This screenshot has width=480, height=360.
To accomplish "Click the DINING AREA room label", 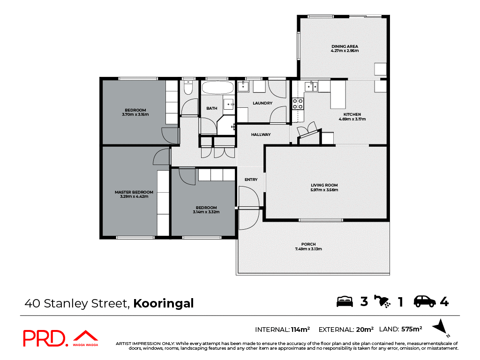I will point(345,46).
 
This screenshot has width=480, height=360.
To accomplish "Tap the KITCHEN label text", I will point(352,114).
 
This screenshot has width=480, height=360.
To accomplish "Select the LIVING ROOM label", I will point(324,185).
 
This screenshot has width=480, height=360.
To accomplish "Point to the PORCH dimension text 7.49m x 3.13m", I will point(308,249).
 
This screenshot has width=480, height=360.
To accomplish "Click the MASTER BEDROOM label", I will point(134,192).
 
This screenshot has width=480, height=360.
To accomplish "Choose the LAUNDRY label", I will point(262,103).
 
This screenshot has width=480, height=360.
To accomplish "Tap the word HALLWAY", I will point(261,135).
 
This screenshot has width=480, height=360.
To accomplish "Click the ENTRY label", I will point(251,180).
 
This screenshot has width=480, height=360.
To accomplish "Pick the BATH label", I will point(211,108).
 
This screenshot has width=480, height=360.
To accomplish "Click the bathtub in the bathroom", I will point(217,88).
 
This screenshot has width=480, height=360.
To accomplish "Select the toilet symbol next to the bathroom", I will point(188,88).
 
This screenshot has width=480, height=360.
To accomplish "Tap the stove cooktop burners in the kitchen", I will point(298,103).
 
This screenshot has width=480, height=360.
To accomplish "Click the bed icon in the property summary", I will point(345,301).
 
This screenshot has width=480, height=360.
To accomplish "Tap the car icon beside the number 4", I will point(424,301).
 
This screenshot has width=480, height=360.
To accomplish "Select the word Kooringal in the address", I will point(164,303).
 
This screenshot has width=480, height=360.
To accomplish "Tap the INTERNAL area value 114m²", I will point(300,330).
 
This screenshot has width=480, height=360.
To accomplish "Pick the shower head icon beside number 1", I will point(382,301).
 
